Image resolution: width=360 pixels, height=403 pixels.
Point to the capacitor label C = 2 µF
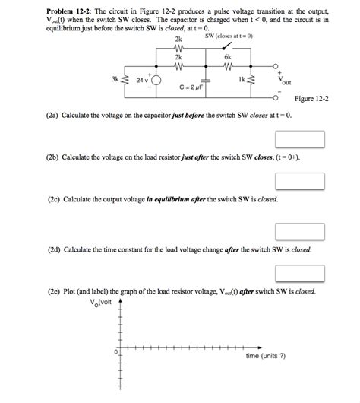tap(185, 88)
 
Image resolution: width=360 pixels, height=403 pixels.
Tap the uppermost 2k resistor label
tap(178, 39)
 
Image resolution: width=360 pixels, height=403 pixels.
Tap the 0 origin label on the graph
tap(115, 352)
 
